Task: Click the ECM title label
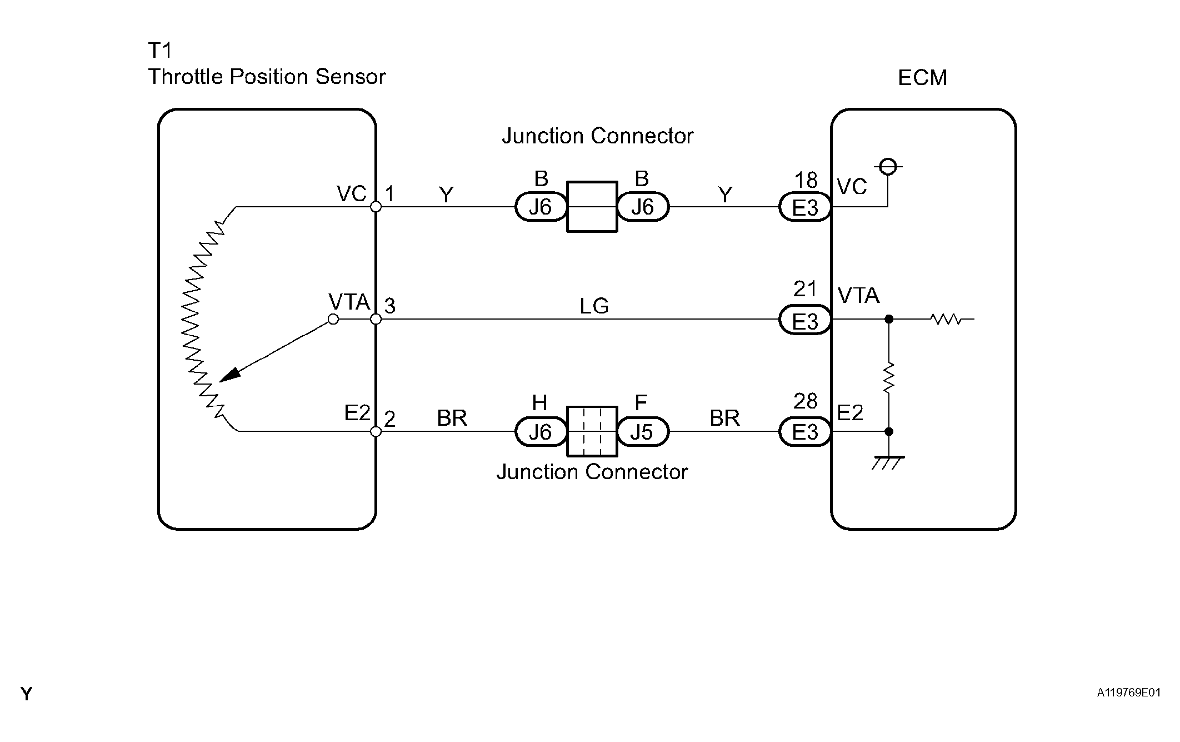922,78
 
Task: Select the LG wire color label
594,306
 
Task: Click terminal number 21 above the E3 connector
805,289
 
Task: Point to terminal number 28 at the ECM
806,401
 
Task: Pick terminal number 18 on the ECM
806,180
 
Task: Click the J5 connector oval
643,432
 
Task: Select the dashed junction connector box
592,432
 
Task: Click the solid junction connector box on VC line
592,207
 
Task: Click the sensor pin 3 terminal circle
376,319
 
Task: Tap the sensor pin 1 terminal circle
376,207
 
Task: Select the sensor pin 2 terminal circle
376,431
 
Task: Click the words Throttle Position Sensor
267,77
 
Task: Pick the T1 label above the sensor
160,51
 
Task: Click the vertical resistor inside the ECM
889,377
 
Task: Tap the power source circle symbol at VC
888,166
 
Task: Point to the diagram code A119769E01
1128,693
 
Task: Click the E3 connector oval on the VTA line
806,321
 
